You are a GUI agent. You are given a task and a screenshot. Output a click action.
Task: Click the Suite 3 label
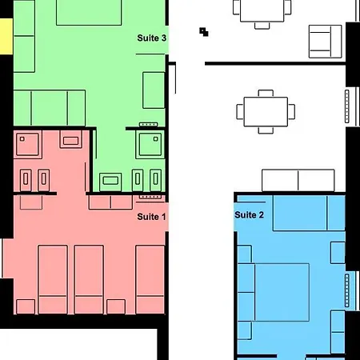click(x=152, y=38)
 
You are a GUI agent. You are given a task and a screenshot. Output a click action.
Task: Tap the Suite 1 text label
click(x=151, y=217)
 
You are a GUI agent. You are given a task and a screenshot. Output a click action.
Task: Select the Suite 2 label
click(x=249, y=214)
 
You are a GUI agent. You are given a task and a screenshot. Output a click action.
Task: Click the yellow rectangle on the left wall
click(x=6, y=37)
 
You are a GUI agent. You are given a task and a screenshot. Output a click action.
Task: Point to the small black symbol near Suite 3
click(x=204, y=32)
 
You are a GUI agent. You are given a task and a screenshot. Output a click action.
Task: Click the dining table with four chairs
click(x=266, y=112)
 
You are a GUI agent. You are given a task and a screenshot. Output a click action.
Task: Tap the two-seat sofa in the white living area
click(x=298, y=180)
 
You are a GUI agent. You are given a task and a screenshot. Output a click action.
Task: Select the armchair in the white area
click(x=326, y=42)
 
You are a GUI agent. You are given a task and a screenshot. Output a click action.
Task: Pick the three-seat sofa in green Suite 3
click(x=50, y=108)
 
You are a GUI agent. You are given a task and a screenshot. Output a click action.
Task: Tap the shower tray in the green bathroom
click(x=150, y=145)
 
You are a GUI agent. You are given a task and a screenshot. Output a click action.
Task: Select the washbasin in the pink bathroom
click(x=70, y=139)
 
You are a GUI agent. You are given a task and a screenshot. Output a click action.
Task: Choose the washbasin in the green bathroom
click(x=110, y=182)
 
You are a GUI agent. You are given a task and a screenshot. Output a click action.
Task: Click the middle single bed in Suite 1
click(x=89, y=279)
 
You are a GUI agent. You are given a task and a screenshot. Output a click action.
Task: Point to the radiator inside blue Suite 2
click(x=347, y=290)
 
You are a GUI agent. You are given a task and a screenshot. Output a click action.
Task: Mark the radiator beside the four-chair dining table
click(x=347, y=106)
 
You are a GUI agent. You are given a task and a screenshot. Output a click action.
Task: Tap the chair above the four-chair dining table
click(x=266, y=94)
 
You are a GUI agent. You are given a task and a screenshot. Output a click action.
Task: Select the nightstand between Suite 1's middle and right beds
click(x=116, y=306)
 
